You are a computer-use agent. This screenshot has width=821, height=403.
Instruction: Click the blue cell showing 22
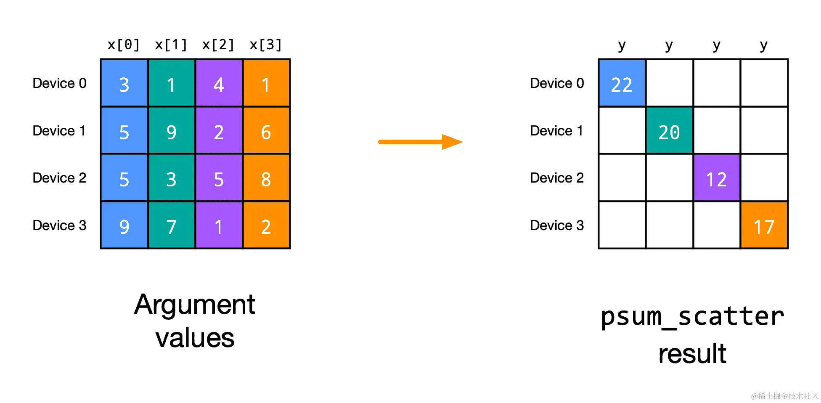622,83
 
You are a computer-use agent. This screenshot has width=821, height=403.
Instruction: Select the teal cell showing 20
669,130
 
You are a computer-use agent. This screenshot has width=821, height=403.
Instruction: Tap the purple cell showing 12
717,178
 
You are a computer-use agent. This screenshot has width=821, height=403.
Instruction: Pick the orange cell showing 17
764,225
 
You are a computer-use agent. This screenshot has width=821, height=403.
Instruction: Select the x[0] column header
124,45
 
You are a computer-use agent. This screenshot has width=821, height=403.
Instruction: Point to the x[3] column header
265,45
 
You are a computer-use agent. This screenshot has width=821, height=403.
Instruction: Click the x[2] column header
218,45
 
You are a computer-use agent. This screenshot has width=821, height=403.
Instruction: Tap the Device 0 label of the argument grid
60,83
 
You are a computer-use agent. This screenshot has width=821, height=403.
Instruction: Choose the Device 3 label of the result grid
557,225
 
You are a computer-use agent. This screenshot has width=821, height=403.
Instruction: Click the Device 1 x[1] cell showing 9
171,131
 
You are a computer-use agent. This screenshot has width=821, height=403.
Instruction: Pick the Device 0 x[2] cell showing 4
219,83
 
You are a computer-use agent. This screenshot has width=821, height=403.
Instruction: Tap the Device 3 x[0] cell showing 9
124,225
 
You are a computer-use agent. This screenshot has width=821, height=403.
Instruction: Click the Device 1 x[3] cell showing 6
266,131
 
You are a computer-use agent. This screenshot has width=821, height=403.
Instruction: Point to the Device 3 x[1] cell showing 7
171,225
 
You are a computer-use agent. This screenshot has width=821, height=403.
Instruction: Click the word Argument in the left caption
195,305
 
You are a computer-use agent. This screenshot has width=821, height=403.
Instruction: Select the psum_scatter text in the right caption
692,316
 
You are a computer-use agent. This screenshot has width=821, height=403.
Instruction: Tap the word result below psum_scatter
692,354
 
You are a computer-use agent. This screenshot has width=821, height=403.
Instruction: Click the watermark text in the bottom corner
784,396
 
